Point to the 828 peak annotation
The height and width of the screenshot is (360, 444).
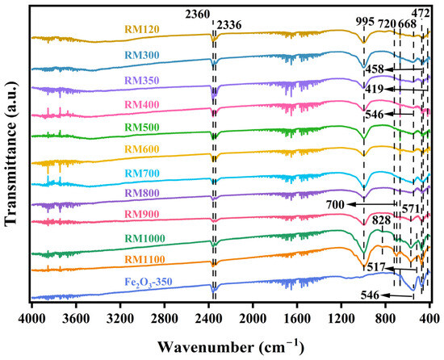tap(384, 220)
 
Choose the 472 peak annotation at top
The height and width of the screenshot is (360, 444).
tap(421, 12)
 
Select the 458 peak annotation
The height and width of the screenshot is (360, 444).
tap(375, 70)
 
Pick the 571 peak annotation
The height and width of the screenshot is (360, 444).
tap(413, 207)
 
